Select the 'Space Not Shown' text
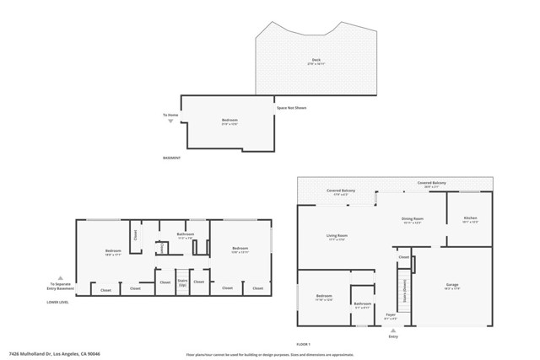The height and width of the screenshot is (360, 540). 292,107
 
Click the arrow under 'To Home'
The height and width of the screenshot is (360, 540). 170,121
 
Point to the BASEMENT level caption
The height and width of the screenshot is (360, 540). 172,157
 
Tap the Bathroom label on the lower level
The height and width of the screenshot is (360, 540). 186,235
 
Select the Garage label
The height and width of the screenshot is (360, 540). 452,285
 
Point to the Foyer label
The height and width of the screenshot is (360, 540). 391,316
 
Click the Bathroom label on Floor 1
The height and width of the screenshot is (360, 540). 363,304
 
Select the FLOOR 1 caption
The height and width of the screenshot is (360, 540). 304,344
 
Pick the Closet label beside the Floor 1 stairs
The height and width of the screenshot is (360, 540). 403,257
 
